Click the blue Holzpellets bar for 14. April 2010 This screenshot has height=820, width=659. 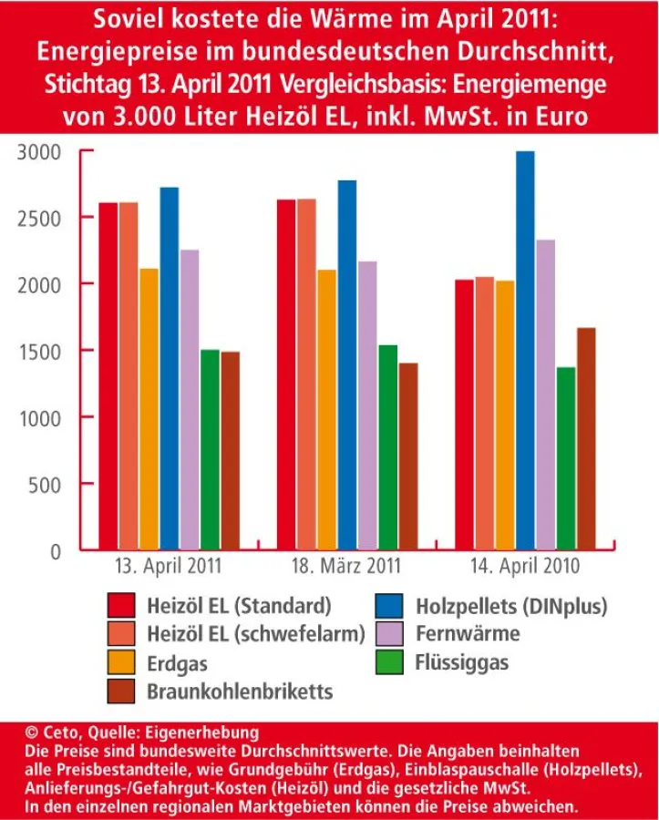(x=524, y=351)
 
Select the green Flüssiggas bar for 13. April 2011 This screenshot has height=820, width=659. (x=210, y=450)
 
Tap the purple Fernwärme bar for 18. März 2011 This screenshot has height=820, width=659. (x=367, y=405)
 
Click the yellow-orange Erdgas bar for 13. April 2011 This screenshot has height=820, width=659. (x=149, y=409)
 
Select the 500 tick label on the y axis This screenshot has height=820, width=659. (x=44, y=485)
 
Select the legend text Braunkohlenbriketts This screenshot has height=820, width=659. (x=240, y=692)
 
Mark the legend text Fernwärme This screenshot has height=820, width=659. (x=468, y=633)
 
